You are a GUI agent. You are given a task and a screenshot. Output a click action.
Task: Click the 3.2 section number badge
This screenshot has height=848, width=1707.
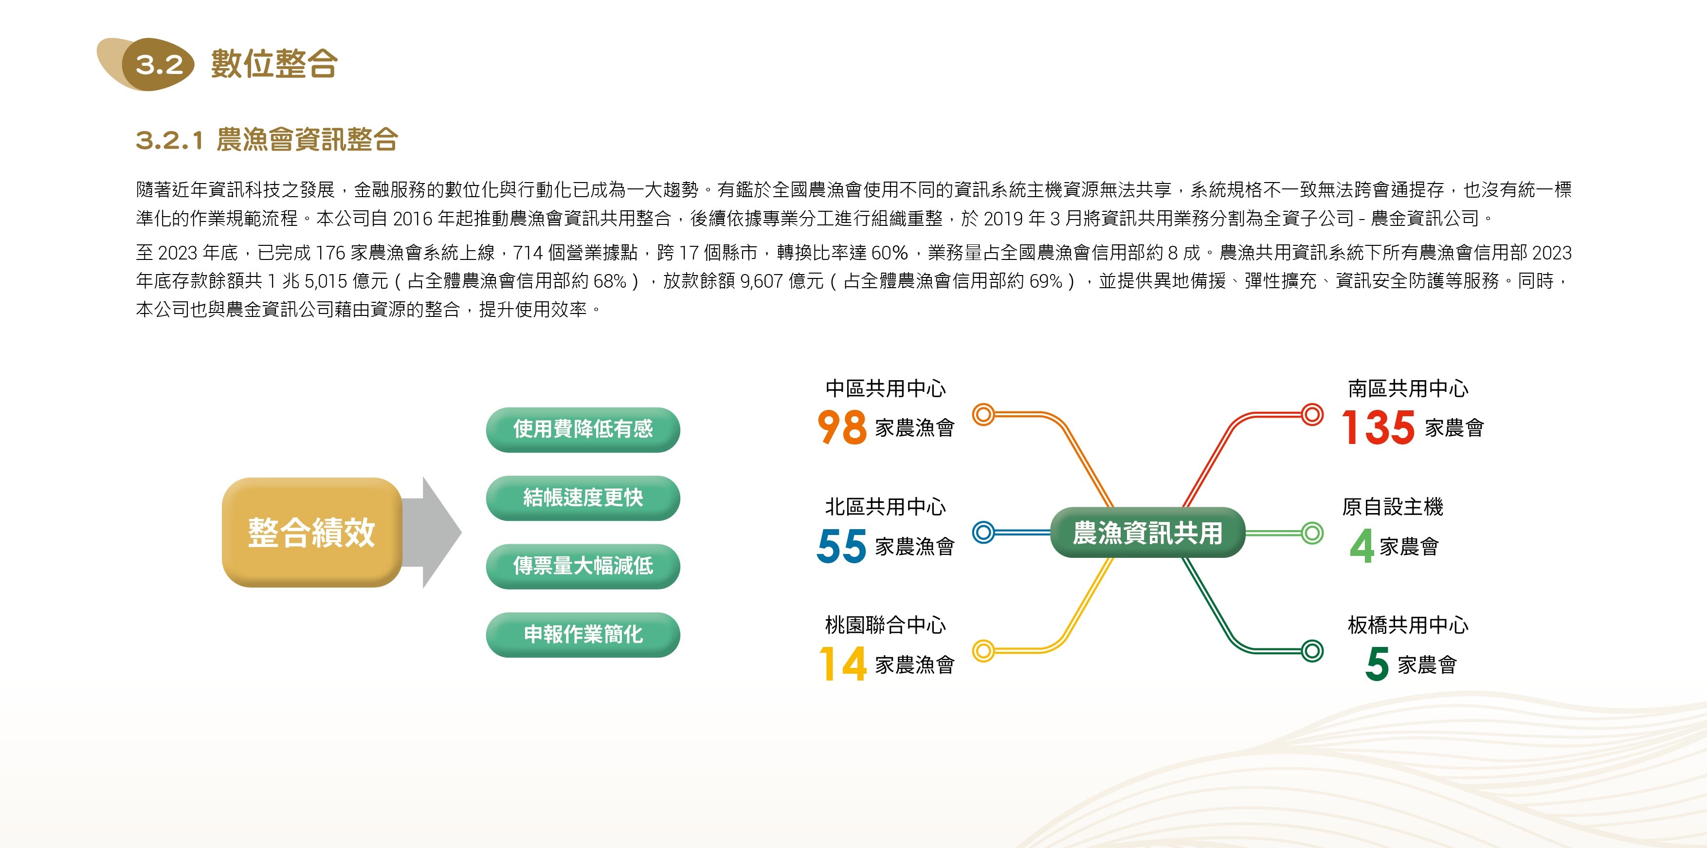point(158,65)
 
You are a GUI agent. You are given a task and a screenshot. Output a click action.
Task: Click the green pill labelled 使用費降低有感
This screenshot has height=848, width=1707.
point(583,429)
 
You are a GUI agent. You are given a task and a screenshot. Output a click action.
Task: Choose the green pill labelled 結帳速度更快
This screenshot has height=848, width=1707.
point(583,498)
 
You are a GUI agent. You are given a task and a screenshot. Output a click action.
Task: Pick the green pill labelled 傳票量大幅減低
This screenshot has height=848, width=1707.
point(583,566)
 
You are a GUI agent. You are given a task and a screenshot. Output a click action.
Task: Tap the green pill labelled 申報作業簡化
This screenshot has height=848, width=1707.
point(583,634)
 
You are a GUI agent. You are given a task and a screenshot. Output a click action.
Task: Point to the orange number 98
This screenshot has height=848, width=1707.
point(841,426)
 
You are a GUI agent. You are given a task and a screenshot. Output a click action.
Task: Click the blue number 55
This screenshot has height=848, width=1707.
point(841,545)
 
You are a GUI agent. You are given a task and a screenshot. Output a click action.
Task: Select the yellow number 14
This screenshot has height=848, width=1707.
point(843,664)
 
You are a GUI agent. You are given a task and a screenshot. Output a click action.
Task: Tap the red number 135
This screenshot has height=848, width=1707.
point(1379,427)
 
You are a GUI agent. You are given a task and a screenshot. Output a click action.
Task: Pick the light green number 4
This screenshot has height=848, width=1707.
point(1362,546)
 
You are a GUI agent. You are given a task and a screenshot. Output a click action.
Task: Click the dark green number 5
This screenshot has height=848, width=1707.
point(1377,664)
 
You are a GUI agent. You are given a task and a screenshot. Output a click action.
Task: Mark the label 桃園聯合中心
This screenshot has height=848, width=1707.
point(885,625)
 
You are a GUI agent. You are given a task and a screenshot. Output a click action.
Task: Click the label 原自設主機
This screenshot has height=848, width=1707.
point(1392,507)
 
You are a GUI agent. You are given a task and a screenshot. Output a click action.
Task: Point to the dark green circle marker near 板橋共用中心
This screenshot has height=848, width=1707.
point(1311,650)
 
